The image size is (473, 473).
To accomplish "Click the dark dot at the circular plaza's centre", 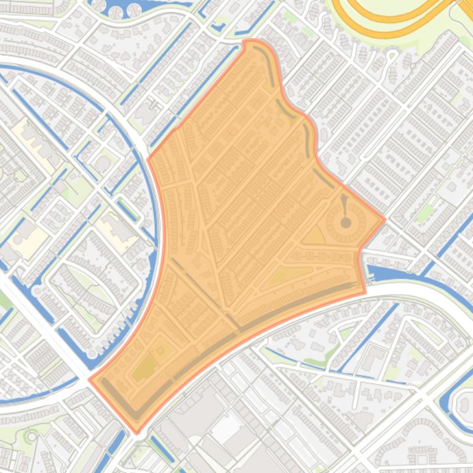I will coord(346,222).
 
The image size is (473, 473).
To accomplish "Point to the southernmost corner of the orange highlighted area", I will coord(137,432).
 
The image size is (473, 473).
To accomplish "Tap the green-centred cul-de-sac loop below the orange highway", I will coord(391,58).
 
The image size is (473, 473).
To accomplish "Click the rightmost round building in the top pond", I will coord(134,10).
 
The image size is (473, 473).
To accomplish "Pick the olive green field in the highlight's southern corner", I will coord(145,368).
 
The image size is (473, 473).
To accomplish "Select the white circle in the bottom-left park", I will coord(31,436).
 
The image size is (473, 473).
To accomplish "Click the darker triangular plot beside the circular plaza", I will coord(315,235).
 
